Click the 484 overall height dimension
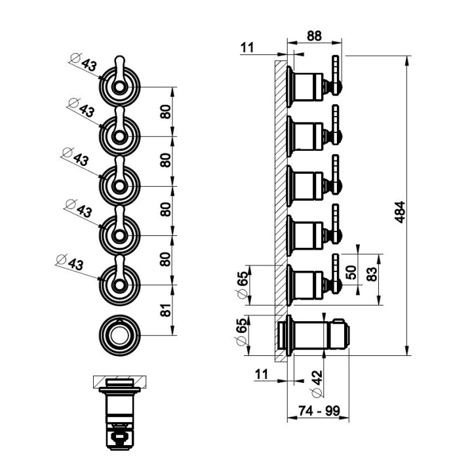click(400, 212)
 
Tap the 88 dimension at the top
click(314, 36)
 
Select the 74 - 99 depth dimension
click(319, 410)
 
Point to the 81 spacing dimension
click(166, 310)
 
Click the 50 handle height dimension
click(351, 272)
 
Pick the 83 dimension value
click(372, 274)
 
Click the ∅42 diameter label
click(317, 383)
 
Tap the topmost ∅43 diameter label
click(83, 62)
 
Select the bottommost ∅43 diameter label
click(70, 262)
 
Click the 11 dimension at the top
click(247, 48)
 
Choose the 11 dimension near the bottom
click(262, 374)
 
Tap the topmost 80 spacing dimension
click(166, 111)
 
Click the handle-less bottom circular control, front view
click(119, 336)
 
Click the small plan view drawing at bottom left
click(120, 413)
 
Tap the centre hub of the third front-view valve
click(119, 186)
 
